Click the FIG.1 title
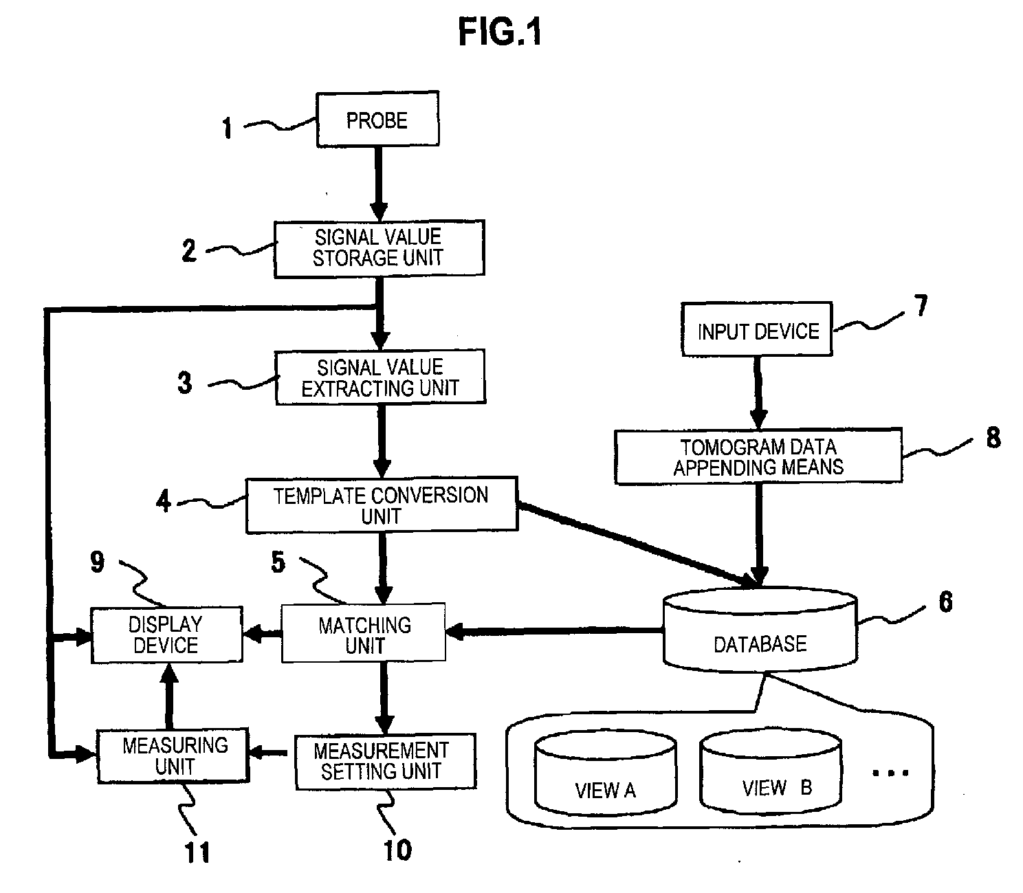click(x=500, y=32)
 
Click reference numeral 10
click(x=397, y=850)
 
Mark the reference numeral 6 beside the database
click(x=945, y=602)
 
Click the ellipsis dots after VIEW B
click(x=890, y=773)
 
